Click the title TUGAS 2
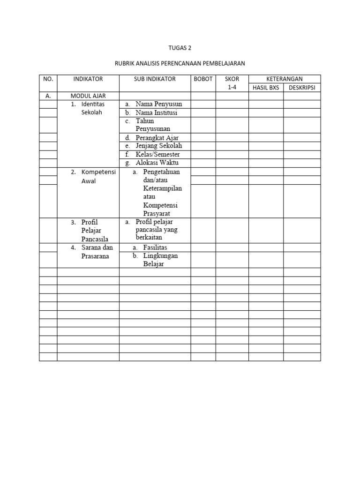click(180, 48)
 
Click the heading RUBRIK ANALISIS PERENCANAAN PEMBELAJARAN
click(180, 62)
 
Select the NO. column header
click(48, 79)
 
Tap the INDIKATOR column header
click(88, 79)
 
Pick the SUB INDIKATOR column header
click(155, 79)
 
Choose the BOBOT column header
click(203, 79)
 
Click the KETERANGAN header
click(285, 79)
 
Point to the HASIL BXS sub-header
click(266, 88)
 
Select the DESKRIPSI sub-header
click(302, 88)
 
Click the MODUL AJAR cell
click(88, 96)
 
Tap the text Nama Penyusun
click(158, 104)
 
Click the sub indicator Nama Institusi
click(157, 113)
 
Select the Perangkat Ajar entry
click(157, 138)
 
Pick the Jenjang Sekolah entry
click(158, 146)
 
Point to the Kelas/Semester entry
click(157, 154)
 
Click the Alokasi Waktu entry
click(157, 163)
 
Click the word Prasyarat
click(157, 213)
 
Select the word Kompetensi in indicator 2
click(98, 172)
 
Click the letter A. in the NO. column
click(48, 96)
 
